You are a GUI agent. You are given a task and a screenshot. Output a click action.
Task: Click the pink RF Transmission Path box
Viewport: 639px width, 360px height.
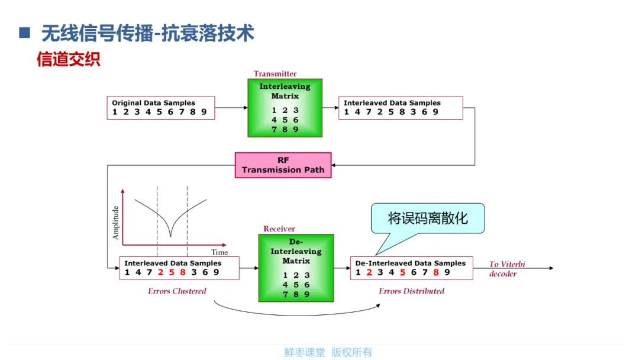tap(283, 165)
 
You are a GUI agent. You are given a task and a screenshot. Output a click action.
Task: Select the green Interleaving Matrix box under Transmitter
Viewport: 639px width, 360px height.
tap(285, 108)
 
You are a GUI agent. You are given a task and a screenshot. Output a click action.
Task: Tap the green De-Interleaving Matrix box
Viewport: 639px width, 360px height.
tap(296, 268)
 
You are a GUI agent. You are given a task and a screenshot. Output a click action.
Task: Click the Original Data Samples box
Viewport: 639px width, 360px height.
tap(160, 108)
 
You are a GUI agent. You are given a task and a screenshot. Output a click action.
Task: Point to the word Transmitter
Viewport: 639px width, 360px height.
tap(275, 74)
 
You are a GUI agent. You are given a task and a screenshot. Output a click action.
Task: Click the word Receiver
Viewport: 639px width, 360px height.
tap(279, 229)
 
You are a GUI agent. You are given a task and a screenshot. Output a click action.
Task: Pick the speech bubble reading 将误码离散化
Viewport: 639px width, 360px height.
tap(428, 218)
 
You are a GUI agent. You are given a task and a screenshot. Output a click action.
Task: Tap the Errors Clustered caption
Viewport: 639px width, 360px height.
tap(177, 291)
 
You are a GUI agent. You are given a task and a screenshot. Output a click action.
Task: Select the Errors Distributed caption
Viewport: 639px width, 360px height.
tap(411, 291)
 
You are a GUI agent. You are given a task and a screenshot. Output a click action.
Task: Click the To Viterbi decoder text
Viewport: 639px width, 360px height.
tap(506, 269)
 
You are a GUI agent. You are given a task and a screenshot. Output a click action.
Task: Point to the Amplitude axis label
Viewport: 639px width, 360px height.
tap(115, 222)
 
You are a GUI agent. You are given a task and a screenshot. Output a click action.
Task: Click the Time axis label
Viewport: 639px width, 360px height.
tap(219, 252)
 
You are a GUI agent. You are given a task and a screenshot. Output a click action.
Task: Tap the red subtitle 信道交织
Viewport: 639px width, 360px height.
tap(69, 59)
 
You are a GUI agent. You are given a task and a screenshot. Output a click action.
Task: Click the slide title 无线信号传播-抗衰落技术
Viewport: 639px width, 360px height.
tap(148, 33)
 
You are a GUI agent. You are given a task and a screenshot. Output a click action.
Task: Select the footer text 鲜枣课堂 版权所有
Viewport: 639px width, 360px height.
tap(328, 352)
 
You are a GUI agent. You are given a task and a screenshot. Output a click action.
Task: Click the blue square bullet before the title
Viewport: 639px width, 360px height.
tap(24, 33)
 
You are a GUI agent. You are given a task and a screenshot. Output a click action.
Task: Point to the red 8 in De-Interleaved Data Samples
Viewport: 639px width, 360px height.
tap(436, 272)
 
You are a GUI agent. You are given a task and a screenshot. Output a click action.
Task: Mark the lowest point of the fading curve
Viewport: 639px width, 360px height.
tap(170, 236)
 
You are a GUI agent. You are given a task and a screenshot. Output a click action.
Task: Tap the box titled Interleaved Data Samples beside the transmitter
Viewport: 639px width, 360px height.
tap(399, 108)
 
